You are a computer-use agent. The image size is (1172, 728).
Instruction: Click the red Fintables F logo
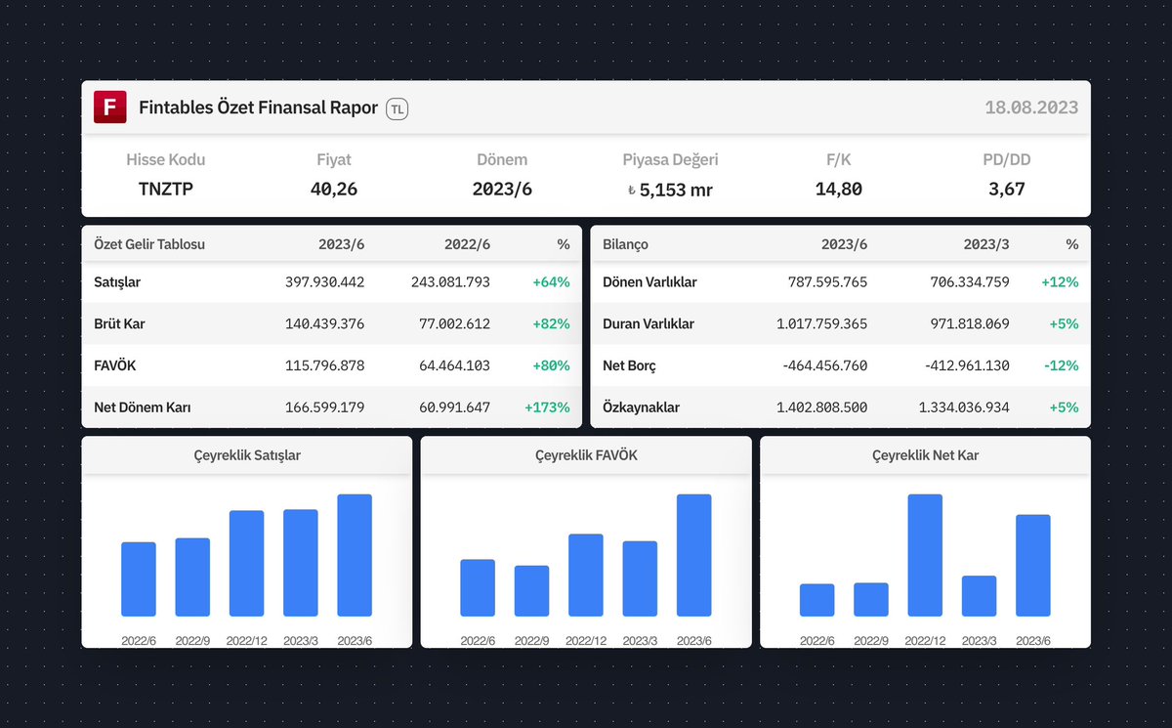pyautogui.click(x=110, y=107)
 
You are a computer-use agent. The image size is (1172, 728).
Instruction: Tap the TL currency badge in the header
pyautogui.click(x=397, y=109)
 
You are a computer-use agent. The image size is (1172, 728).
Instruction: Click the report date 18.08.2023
pyautogui.click(x=1031, y=108)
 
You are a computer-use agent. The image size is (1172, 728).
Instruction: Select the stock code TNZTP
pyautogui.click(x=166, y=189)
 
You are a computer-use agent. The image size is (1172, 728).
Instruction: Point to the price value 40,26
pyautogui.click(x=334, y=189)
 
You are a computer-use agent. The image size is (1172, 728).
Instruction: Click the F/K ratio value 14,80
pyautogui.click(x=839, y=189)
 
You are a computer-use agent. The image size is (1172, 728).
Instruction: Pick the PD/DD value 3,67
pyautogui.click(x=1007, y=189)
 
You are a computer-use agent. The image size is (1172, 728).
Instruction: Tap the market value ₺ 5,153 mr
pyautogui.click(x=670, y=190)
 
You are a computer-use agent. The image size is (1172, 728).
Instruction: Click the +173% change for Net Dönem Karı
pyautogui.click(x=547, y=407)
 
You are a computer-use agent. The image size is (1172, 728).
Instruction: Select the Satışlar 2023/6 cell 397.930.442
pyautogui.click(x=324, y=282)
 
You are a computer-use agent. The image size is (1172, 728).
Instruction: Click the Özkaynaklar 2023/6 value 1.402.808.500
pyautogui.click(x=821, y=407)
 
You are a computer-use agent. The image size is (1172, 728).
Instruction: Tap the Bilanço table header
pyautogui.click(x=626, y=244)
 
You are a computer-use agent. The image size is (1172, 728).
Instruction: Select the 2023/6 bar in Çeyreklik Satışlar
pyautogui.click(x=355, y=555)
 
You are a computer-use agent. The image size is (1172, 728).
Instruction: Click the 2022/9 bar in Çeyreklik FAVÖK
pyautogui.click(x=531, y=590)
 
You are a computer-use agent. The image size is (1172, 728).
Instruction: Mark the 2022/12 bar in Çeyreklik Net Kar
pyautogui.click(x=925, y=555)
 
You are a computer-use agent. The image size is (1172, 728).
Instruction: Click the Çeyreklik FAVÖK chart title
pyautogui.click(x=586, y=455)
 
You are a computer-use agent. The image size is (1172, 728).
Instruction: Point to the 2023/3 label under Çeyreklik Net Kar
pyautogui.click(x=979, y=641)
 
